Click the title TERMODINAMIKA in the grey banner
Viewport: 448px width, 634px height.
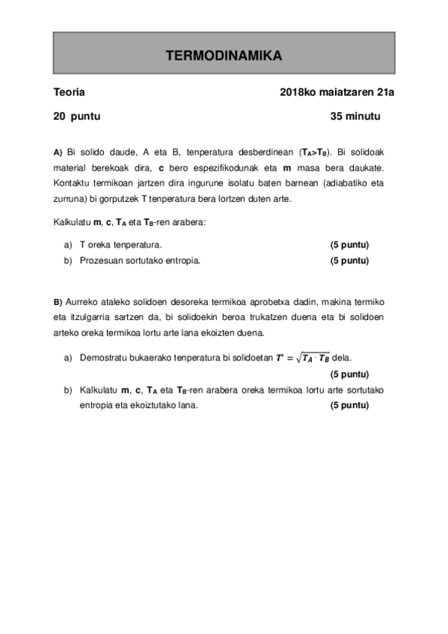point(223,56)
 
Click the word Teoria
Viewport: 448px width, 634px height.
point(69,93)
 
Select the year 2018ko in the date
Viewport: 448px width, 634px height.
point(298,93)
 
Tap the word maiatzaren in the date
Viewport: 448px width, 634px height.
point(349,93)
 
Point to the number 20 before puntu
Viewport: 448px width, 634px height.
point(58,117)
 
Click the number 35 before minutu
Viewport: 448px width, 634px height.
point(337,117)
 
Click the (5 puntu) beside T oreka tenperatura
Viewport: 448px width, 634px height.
point(350,244)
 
